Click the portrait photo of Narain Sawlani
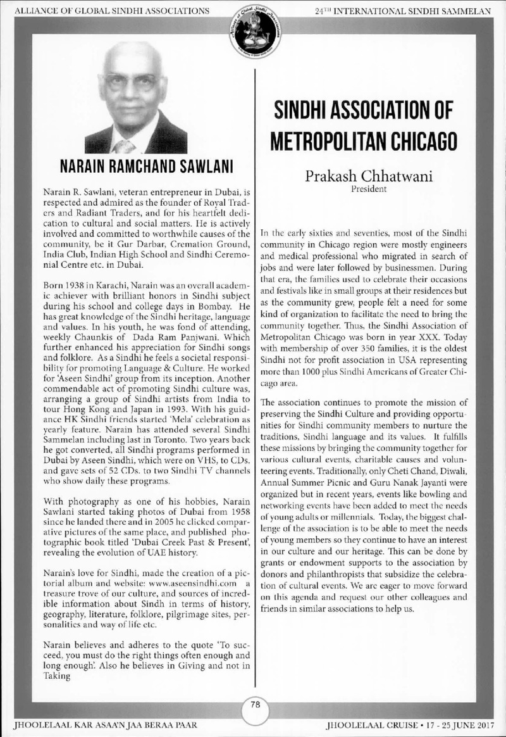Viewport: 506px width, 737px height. coord(135,98)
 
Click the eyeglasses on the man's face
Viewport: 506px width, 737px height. coord(131,82)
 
